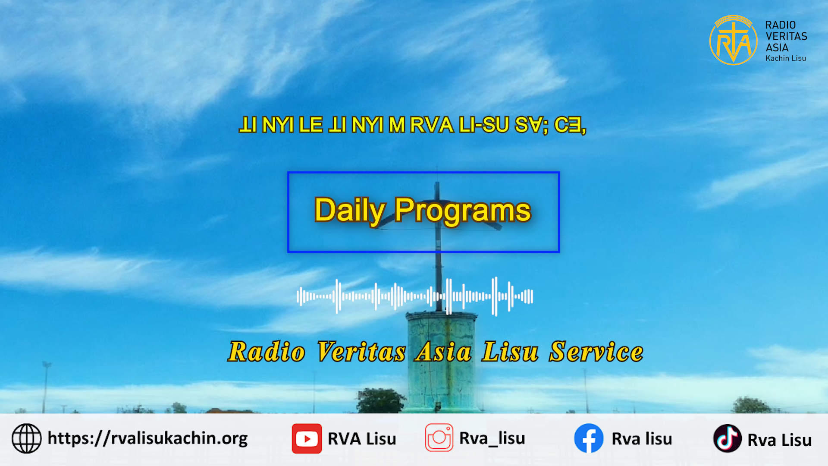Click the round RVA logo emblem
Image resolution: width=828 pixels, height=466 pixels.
pos(733,41)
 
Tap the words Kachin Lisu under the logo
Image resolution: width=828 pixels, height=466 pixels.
pos(786,58)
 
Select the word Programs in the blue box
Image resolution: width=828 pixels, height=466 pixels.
pos(463,211)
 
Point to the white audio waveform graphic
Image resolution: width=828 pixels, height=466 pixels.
pos(415,296)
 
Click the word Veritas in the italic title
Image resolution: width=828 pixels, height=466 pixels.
pos(361,352)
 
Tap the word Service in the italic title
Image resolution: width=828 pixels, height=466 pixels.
pos(596,352)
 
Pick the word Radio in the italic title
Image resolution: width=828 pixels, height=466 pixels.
pos(267,352)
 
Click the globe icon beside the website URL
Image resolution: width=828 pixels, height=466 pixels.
pos(27,438)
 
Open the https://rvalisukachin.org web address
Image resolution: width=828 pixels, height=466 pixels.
pos(147,438)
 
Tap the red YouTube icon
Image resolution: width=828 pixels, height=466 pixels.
pos(307,438)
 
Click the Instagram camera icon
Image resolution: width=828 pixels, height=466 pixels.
pos(439,438)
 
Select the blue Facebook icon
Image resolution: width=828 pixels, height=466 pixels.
pos(589,438)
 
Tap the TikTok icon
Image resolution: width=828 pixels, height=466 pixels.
pos(727,438)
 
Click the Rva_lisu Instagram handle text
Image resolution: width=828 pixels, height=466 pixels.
pos(492,438)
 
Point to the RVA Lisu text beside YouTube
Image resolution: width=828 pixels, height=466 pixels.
pos(362,439)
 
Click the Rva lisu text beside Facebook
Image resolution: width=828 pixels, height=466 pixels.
pos(642,439)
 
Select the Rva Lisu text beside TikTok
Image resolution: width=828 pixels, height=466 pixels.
pos(779,440)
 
